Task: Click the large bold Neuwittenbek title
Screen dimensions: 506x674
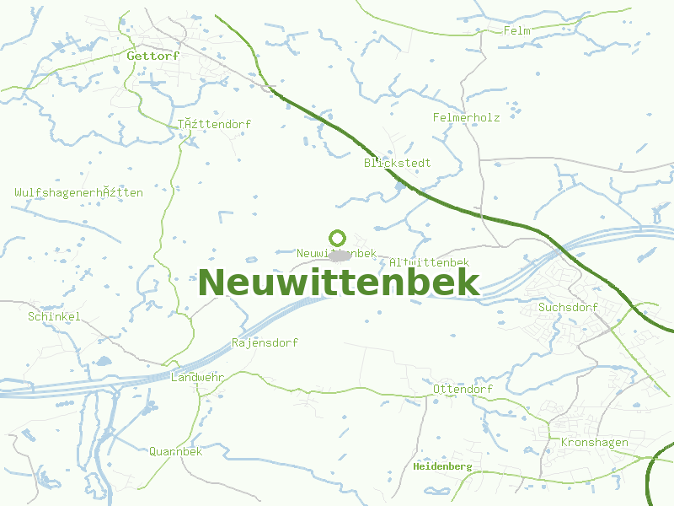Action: coord(338,283)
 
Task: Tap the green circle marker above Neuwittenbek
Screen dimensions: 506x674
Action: coord(338,238)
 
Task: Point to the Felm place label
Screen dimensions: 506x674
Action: coord(516,30)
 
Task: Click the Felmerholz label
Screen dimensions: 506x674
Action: coord(466,117)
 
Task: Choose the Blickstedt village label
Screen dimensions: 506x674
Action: coord(398,162)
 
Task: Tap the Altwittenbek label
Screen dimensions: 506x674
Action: coord(430,263)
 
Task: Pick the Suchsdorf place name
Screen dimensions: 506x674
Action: coord(568,307)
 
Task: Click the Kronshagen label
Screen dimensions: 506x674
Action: coord(593,442)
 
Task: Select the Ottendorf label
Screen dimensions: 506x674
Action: coord(463,389)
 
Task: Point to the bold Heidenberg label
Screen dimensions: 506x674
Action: coord(442,466)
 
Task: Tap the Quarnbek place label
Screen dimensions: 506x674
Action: coord(176,451)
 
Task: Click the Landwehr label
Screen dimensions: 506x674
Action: coord(197,377)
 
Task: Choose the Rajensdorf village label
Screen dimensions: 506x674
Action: coord(265,342)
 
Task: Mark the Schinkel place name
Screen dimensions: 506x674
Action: coord(54,316)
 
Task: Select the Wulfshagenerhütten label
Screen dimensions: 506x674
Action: coord(78,192)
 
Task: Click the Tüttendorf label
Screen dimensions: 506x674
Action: coord(214,124)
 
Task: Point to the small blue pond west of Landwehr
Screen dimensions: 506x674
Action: coord(103,361)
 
